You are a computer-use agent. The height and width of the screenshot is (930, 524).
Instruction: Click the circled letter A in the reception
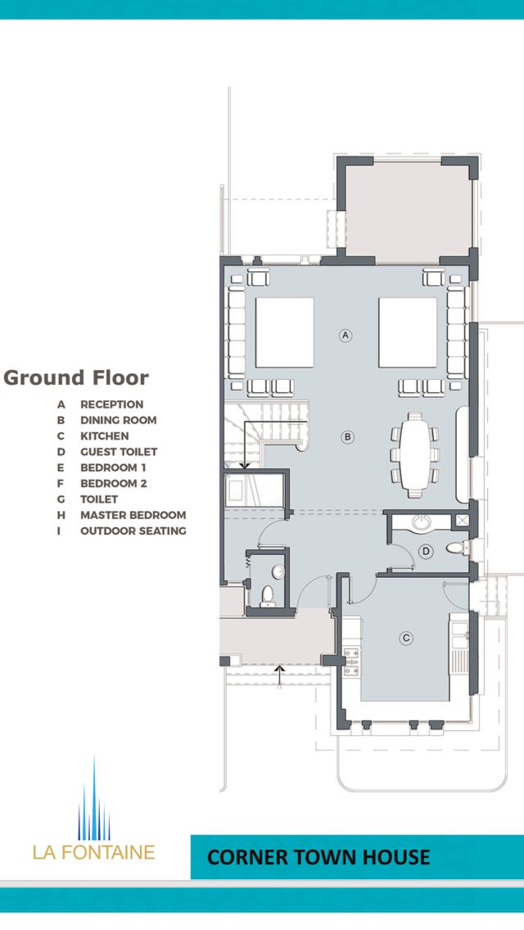(346, 335)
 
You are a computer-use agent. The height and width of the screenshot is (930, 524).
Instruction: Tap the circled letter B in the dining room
(348, 437)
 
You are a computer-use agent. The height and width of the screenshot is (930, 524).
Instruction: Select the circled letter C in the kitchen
(406, 639)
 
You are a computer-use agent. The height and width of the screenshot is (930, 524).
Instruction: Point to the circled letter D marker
(425, 551)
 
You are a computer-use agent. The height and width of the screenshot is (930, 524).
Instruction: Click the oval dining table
(415, 455)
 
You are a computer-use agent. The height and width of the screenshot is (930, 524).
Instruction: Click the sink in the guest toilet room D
(422, 522)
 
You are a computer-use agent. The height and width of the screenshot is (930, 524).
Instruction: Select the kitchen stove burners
(350, 662)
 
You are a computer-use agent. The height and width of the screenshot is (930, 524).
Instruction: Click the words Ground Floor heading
(76, 378)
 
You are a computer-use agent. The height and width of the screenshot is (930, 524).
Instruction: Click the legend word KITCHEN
(105, 436)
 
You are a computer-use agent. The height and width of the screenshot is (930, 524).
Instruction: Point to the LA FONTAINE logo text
(94, 852)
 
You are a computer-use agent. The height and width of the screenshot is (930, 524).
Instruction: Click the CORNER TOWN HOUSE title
(318, 857)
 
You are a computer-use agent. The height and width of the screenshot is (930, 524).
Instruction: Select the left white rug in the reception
(284, 332)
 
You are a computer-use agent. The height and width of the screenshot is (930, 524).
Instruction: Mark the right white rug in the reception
(408, 332)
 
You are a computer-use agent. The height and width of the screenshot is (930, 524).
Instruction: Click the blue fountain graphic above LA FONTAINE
(94, 798)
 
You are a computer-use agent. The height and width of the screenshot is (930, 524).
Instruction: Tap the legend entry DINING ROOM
(118, 420)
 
